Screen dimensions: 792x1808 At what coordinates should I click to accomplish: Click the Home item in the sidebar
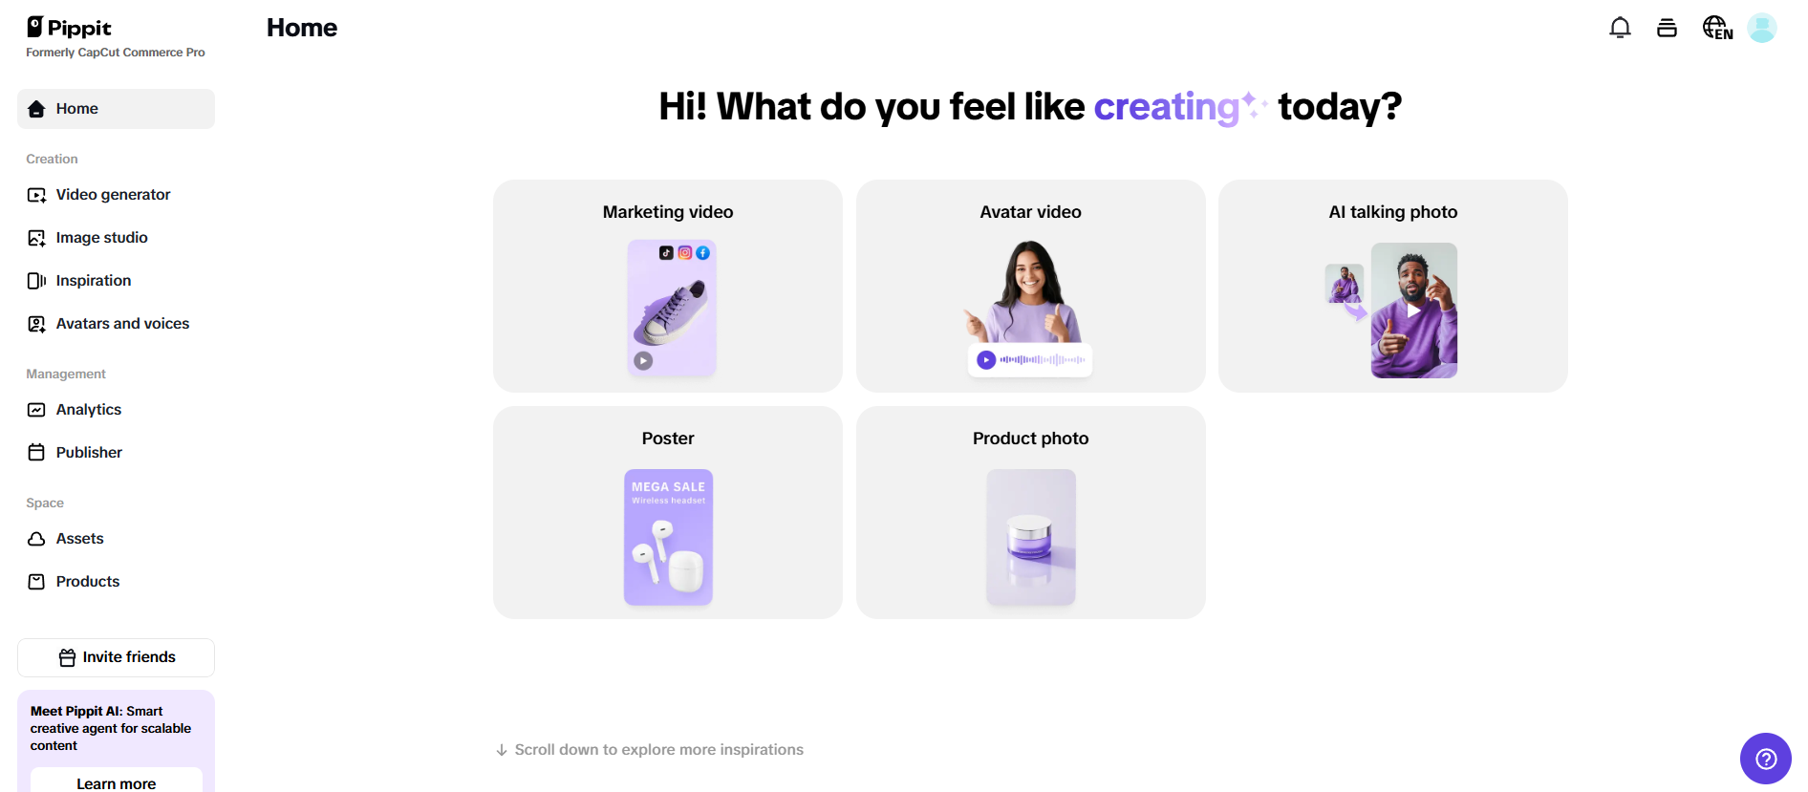click(x=76, y=109)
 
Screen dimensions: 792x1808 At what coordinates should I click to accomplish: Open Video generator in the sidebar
click(x=113, y=195)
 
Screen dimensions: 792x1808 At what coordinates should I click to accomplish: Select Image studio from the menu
click(x=101, y=238)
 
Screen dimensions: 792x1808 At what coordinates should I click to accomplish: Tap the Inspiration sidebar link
click(x=93, y=281)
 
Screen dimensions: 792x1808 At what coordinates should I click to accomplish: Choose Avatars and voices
click(x=122, y=324)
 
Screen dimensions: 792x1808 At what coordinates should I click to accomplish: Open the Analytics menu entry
click(x=88, y=410)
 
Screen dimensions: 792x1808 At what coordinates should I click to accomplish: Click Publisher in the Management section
click(x=89, y=453)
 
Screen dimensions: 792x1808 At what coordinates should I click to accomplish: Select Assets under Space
click(x=79, y=539)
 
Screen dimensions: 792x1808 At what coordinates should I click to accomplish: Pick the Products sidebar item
click(x=87, y=582)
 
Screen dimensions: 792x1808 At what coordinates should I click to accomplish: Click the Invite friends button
click(x=117, y=657)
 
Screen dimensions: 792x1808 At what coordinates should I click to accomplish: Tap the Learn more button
click(x=117, y=782)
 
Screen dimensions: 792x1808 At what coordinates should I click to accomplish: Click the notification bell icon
click(x=1620, y=28)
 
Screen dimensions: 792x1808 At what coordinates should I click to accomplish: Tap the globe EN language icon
click(x=1717, y=28)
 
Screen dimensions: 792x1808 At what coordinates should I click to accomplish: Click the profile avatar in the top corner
click(x=1761, y=28)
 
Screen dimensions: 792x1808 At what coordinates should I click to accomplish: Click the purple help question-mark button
click(x=1765, y=759)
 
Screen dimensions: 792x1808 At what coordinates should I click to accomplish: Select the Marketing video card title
click(x=668, y=212)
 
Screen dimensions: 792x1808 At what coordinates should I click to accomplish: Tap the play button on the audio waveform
click(x=986, y=360)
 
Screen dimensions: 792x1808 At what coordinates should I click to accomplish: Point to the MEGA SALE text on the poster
click(x=668, y=487)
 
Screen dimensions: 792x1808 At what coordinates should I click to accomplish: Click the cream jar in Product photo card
click(x=1030, y=539)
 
